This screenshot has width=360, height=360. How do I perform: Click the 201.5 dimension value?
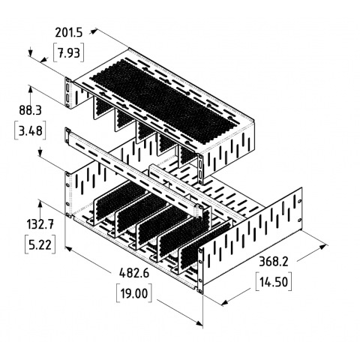coord(68,33)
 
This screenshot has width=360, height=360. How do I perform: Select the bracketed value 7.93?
coord(68,53)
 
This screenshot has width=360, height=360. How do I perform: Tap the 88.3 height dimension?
coord(30,110)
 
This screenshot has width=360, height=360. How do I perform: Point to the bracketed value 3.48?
coord(30,130)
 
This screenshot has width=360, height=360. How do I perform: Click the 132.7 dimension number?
coord(40,224)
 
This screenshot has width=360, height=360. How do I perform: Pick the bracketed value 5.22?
coord(40,244)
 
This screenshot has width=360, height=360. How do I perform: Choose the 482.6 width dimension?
coord(134,273)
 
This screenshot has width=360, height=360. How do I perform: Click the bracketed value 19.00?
coord(134,293)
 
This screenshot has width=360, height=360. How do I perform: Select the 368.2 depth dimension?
coord(274,262)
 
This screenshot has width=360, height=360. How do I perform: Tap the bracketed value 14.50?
coord(274,282)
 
